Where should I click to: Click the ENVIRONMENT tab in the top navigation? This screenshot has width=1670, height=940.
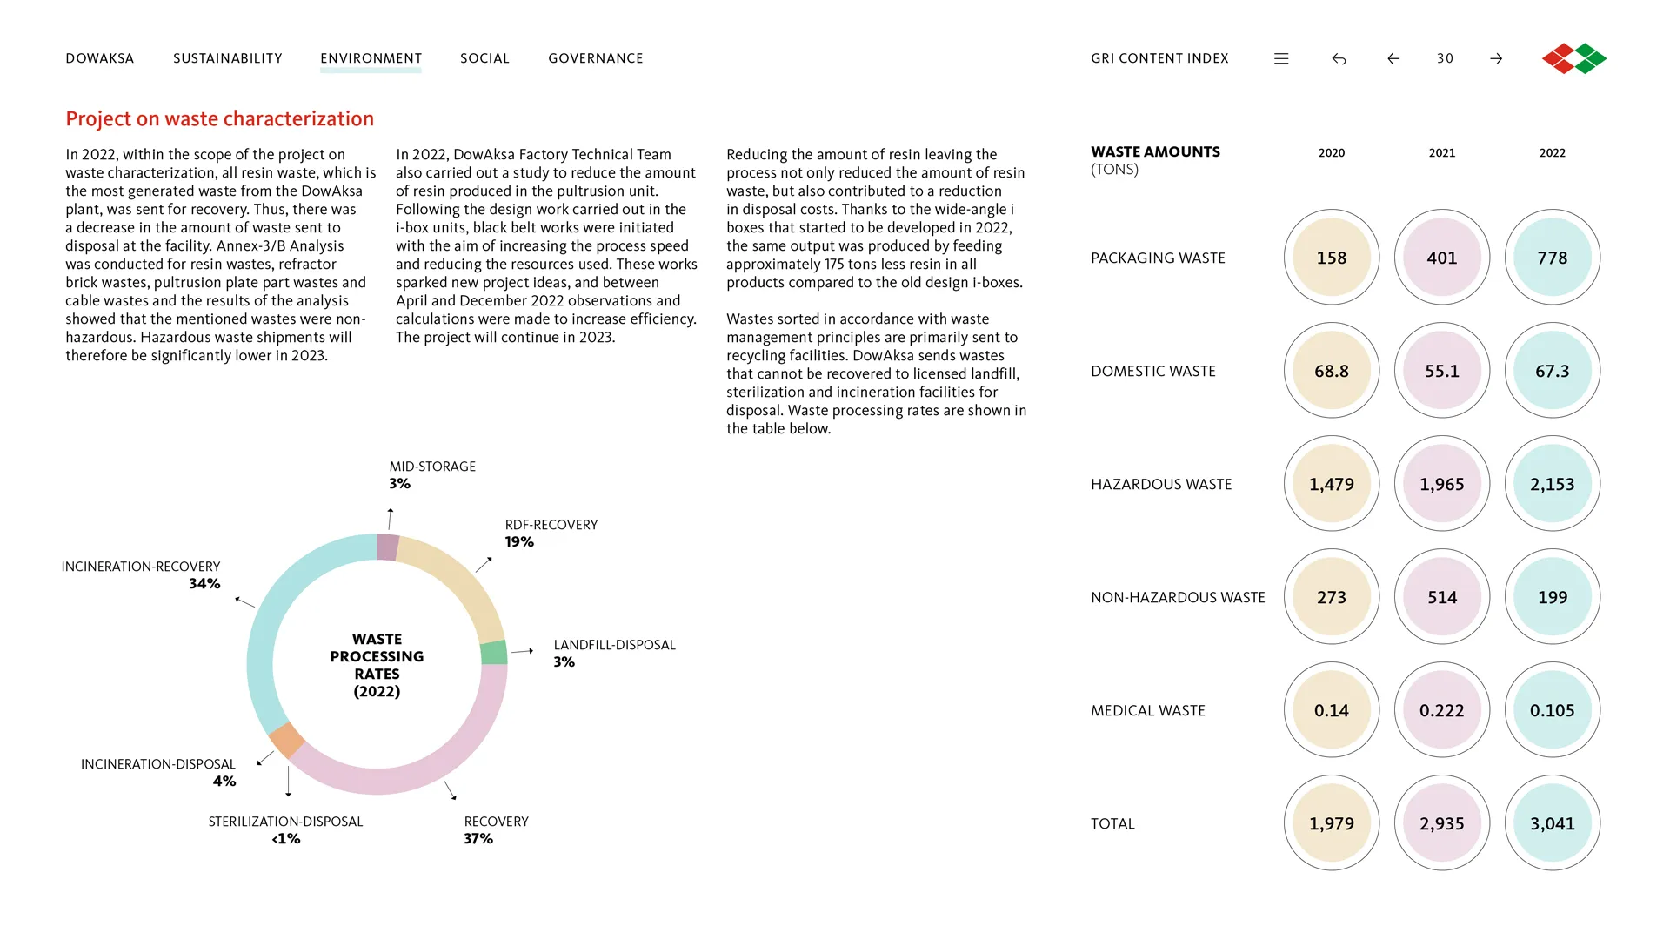pos(371,58)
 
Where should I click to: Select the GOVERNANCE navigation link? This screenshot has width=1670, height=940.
pos(596,58)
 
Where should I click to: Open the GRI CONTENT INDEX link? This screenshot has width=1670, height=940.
pos(1159,58)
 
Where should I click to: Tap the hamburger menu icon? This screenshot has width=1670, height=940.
pos(1281,58)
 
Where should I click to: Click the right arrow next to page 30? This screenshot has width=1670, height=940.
pos(1496,58)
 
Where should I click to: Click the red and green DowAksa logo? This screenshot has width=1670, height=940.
pos(1574,58)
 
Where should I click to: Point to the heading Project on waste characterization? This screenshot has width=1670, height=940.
pos(220,118)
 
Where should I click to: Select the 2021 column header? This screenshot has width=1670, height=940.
pos(1442,153)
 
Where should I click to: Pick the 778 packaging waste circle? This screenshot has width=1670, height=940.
pos(1553,258)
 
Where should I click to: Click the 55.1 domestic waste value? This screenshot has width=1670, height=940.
pos(1442,371)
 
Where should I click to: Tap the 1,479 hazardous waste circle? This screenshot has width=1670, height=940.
pos(1332,484)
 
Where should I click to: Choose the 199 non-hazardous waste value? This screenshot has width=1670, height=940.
pos(1553,597)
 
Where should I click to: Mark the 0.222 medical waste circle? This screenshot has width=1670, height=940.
pos(1442,710)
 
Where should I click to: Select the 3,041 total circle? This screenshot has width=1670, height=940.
pos(1553,823)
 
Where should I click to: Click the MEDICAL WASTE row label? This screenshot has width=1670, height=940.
pos(1148,711)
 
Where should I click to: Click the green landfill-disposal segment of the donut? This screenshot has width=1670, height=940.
pos(494,652)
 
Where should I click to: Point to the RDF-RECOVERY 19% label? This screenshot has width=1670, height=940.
pos(551,533)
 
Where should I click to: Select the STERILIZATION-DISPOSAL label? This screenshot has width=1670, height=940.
pos(285,822)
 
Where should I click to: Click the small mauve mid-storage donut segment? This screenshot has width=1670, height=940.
pos(388,547)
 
